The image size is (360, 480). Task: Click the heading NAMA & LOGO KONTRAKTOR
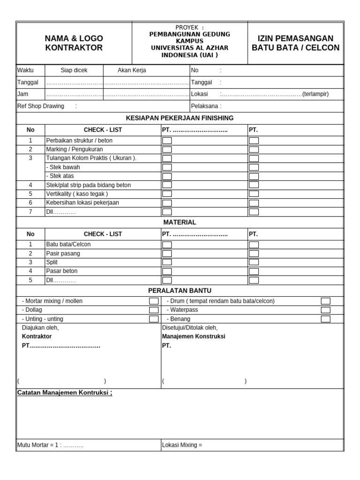coord(74,43)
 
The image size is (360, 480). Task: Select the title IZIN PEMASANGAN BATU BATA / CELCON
coord(295,43)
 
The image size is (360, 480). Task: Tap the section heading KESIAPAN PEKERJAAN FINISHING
coord(180,118)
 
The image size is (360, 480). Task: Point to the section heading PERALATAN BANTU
coord(180,291)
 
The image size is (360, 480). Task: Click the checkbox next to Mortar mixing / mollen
coord(154,301)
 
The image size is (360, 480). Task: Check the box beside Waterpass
coord(325,310)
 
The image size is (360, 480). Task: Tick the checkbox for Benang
coord(325,319)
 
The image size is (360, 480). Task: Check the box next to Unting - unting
coord(154,319)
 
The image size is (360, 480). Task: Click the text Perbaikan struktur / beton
coord(79,140)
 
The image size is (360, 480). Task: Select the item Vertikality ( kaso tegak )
coord(77,194)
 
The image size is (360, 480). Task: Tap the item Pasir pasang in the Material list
coord(63,253)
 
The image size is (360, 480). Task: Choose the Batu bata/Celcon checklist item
coord(68,244)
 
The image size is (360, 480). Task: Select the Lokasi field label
coord(199,94)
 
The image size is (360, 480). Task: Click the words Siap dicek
coord(74,70)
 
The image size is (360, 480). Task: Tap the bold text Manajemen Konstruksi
coord(194,337)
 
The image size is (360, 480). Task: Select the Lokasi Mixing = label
coord(182,445)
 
